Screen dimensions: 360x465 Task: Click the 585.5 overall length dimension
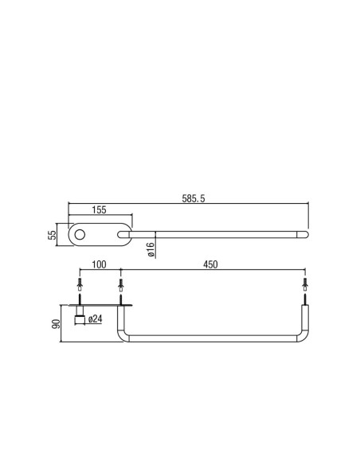coord(194,198)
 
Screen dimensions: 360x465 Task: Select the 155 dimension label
coord(99,209)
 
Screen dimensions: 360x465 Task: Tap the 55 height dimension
coord(53,235)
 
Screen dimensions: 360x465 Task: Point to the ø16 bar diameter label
coord(151,249)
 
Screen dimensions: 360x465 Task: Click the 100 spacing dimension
coord(99,264)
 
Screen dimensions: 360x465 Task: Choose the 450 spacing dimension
coord(210,264)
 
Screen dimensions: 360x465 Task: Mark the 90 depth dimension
coord(56,324)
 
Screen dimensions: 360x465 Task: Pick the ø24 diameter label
coord(96,319)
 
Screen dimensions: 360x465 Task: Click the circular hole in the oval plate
coord(80,235)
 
